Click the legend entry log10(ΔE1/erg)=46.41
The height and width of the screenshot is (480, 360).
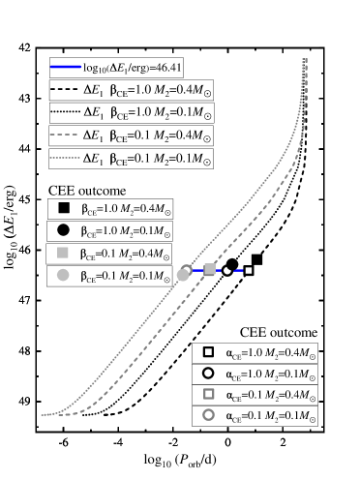coord(118,68)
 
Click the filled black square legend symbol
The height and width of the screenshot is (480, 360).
coord(64,208)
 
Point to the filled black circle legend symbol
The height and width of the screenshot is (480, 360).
coord(64,231)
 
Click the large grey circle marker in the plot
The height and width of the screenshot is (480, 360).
coord(184,274)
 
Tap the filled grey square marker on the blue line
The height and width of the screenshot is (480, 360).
coord(210,270)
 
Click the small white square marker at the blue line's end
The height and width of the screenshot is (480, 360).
coord(249,270)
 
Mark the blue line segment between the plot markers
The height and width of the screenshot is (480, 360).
coord(238,270)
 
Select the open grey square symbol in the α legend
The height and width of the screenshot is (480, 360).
coord(207,396)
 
